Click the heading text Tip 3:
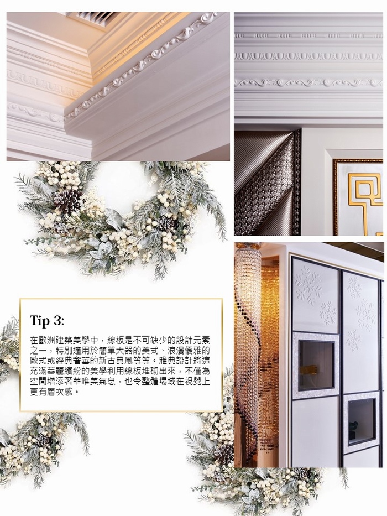pos(47,321)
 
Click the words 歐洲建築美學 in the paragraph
pos(60,340)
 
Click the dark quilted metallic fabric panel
pos(267,183)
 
